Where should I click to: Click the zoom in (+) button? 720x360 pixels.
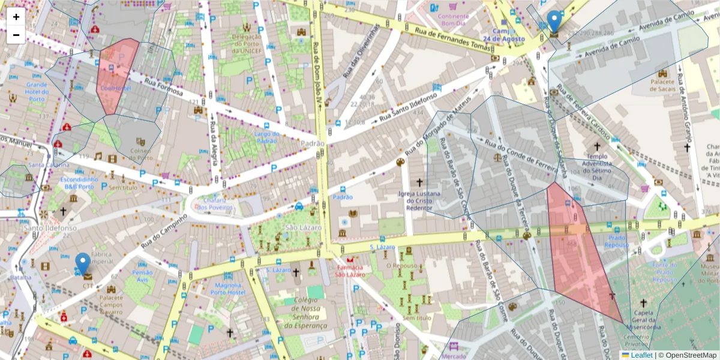click(x=16, y=17)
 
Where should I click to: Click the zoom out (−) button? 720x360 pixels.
click(x=16, y=35)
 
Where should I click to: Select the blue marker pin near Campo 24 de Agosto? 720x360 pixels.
click(x=555, y=22)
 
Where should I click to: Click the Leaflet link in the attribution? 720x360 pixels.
click(x=641, y=355)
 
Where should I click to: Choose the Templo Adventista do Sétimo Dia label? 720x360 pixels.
click(x=597, y=165)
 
